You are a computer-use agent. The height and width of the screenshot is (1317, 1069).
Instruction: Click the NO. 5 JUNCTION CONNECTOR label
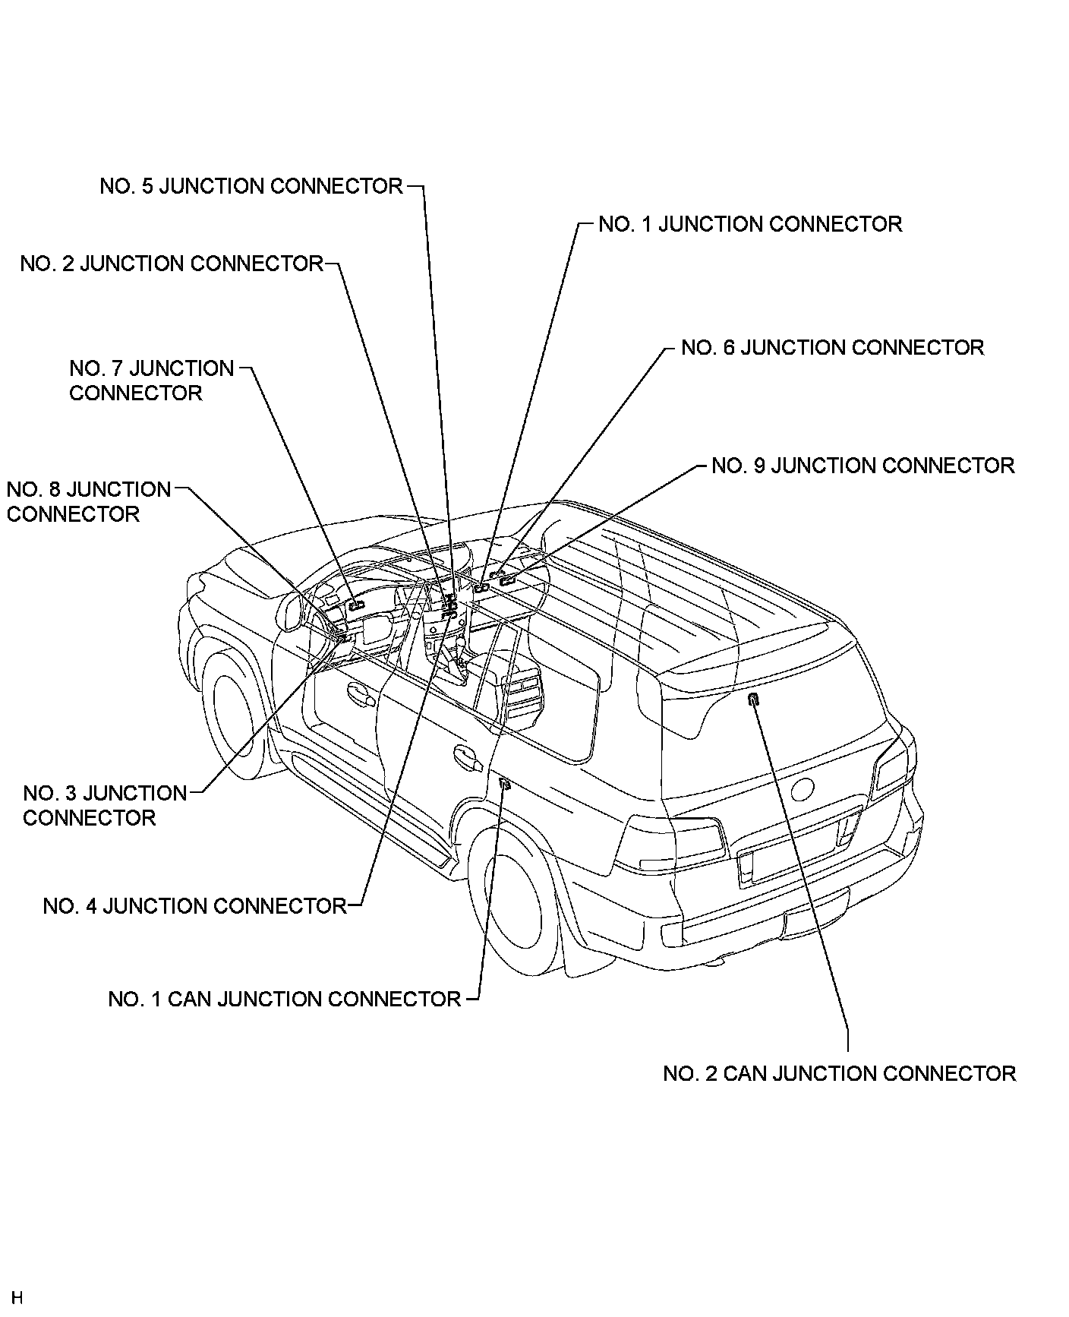point(251,186)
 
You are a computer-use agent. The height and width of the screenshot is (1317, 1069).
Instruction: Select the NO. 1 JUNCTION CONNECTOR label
point(750,224)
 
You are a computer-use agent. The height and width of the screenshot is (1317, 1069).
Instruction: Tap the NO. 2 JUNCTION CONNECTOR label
point(172,264)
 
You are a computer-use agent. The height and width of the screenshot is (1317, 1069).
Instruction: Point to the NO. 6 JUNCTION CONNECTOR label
point(832,347)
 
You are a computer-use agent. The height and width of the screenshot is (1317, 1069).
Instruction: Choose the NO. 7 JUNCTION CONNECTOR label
point(151,381)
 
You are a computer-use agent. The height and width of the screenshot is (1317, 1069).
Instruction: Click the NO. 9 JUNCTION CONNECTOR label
point(862,465)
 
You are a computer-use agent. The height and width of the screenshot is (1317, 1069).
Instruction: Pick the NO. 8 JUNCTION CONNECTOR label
point(88,501)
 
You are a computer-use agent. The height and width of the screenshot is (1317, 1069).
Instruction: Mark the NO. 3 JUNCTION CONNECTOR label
point(104,805)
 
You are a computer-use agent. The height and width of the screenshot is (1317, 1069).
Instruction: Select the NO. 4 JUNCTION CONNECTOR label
point(194,906)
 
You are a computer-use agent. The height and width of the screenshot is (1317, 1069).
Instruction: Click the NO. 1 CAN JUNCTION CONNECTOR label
point(285,999)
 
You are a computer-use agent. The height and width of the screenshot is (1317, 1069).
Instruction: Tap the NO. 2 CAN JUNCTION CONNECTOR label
point(839,1073)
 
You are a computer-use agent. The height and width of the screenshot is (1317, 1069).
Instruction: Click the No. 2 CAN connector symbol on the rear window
point(753,700)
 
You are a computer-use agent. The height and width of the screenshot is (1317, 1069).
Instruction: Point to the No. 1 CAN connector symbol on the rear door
point(504,785)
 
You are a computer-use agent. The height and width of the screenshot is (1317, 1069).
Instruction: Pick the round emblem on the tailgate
point(803,790)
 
